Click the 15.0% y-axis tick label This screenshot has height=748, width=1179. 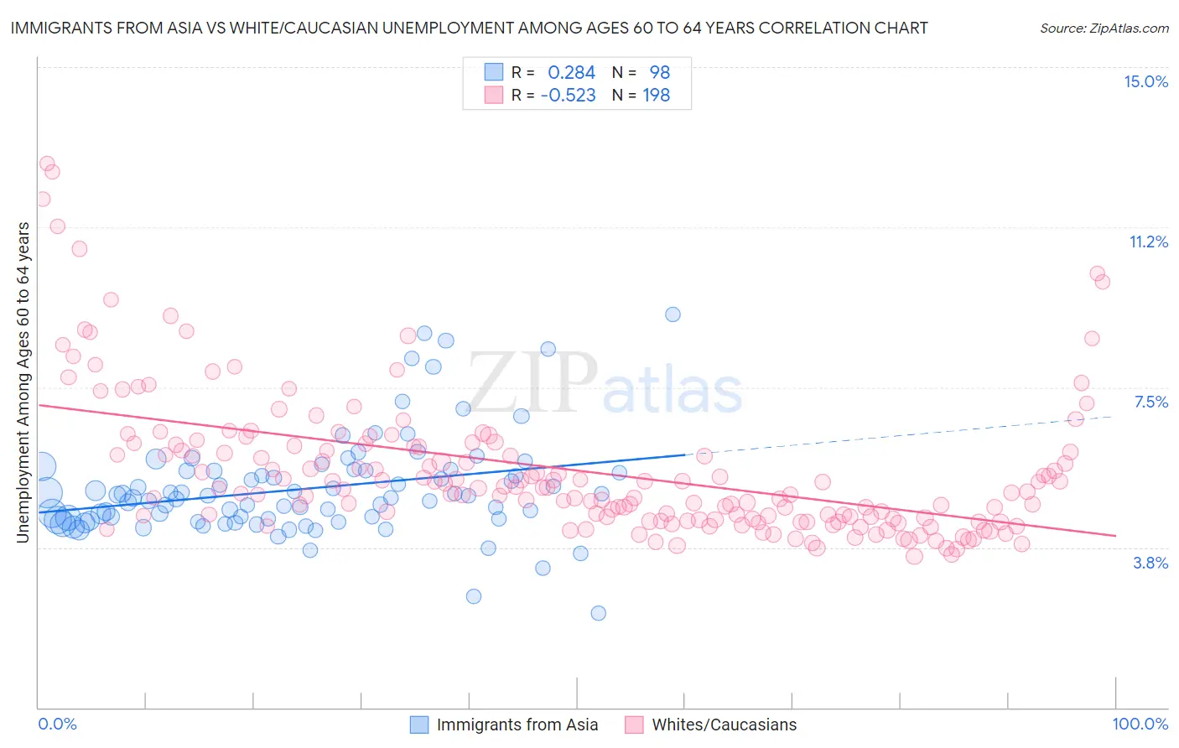pos(1145,81)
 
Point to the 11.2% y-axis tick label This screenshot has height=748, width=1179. pos(1148,242)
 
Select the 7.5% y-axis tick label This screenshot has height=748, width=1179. pos(1150,402)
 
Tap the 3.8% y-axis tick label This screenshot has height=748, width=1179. pos(1150,563)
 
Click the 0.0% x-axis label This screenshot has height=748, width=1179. pos(58,724)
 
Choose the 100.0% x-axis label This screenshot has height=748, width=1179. pos(1140,724)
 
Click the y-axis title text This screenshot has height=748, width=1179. pos(23,382)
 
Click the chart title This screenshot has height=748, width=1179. pos(469,28)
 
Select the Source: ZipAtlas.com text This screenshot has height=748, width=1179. pos(1104,28)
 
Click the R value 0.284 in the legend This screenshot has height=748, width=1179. pos(571,72)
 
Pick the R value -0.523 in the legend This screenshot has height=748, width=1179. pos(568,96)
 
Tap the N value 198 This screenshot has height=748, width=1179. pos(656,96)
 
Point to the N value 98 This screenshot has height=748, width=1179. pos(659,72)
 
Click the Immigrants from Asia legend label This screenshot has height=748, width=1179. pos(517,725)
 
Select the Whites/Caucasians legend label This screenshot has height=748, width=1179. pos(725,725)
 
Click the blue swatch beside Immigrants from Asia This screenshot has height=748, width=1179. pos(419,725)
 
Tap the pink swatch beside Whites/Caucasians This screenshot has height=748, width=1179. pos(634,725)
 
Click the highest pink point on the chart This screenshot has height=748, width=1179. pos(47,164)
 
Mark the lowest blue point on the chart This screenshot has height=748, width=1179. pos(598,613)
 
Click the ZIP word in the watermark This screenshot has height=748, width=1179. pos(532,382)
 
